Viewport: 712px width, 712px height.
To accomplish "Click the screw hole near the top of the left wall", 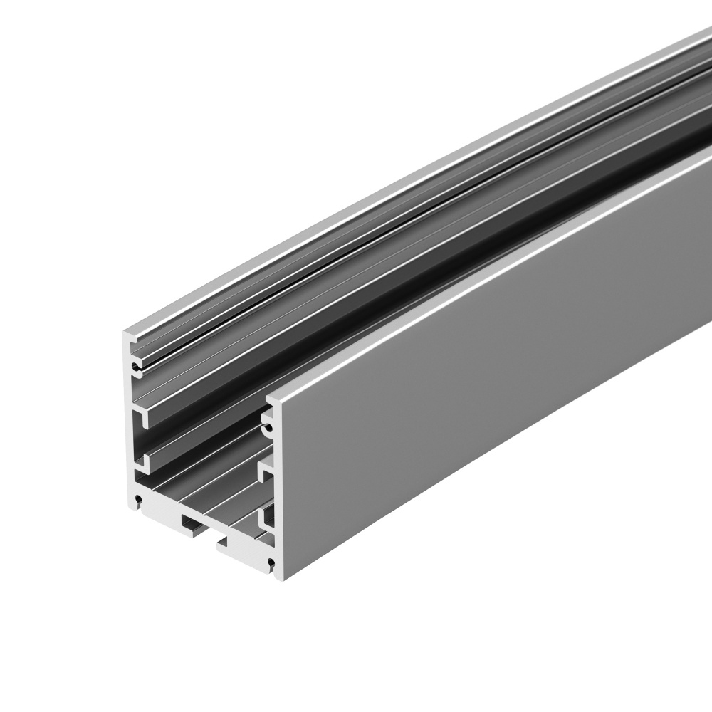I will [134, 368].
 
